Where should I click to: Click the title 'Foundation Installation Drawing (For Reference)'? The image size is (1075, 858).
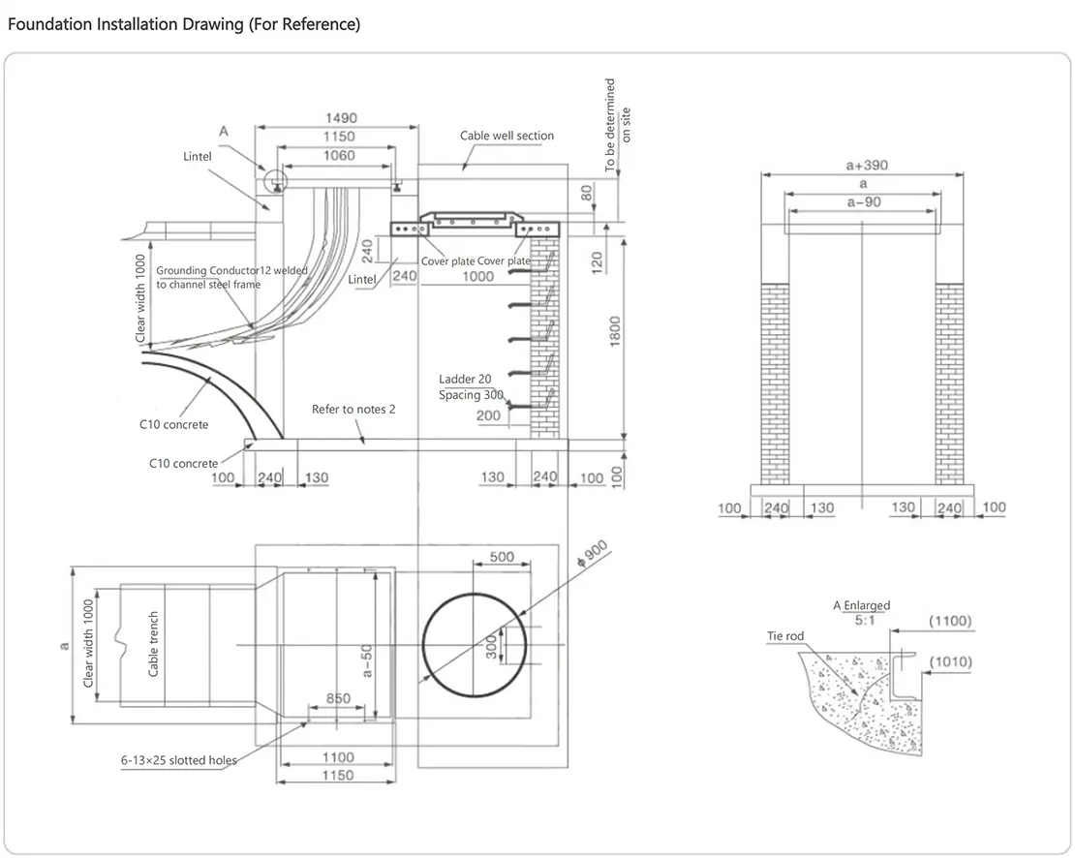click(184, 24)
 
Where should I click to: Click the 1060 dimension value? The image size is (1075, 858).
click(338, 155)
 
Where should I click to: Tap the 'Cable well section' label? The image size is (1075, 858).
click(507, 136)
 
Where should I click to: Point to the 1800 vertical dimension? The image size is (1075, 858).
click(616, 335)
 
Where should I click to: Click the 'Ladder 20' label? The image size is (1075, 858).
click(465, 379)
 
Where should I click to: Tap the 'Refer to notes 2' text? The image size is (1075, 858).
click(353, 410)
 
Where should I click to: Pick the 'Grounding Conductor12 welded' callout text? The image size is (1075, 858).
click(231, 271)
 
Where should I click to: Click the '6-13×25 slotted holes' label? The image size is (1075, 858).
click(178, 761)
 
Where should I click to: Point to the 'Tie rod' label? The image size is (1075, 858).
click(785, 636)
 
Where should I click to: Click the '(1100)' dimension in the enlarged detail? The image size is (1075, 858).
click(949, 621)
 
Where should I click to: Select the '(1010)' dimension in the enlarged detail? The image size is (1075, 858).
click(949, 662)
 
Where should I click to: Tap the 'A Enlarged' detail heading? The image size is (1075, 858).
click(861, 605)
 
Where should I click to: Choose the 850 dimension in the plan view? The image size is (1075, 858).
click(338, 698)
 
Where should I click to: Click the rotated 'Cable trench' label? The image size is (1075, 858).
click(154, 643)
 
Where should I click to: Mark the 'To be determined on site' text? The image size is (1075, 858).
click(618, 125)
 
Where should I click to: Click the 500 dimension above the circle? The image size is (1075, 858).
click(502, 557)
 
